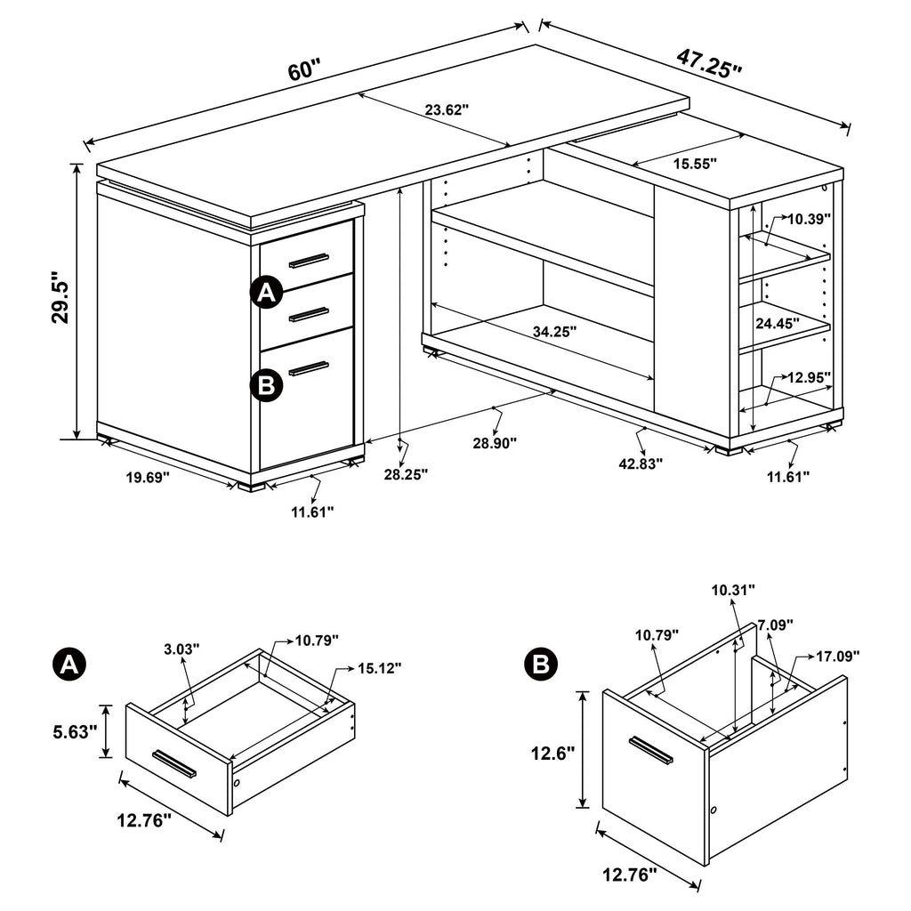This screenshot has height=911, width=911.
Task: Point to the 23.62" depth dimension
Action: click(x=446, y=110)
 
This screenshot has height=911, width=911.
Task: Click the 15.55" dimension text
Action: click(x=695, y=164)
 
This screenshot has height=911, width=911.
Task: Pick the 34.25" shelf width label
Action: click(x=554, y=331)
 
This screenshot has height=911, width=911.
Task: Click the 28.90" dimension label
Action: click(x=496, y=443)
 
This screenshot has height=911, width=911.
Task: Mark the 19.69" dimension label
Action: click(x=147, y=478)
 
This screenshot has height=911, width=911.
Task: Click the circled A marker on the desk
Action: click(x=266, y=293)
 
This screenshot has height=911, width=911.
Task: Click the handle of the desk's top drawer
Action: click(x=308, y=260)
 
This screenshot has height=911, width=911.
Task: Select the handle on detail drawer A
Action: click(x=173, y=762)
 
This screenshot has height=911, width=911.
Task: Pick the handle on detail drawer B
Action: click(x=651, y=750)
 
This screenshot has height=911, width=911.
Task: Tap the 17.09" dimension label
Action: click(x=837, y=657)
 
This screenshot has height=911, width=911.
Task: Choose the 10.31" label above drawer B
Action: click(x=733, y=589)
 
